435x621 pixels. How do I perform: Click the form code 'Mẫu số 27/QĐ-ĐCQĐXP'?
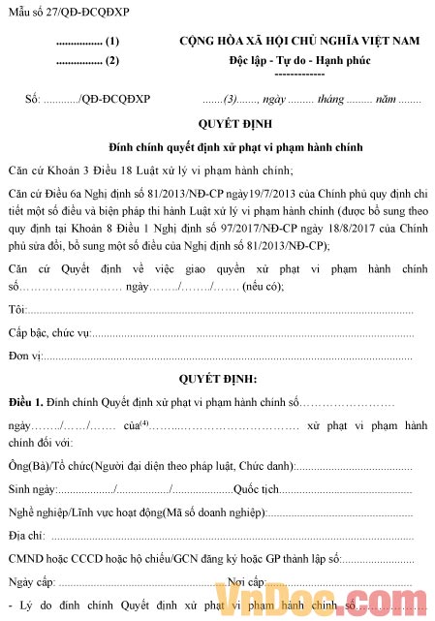(59, 11)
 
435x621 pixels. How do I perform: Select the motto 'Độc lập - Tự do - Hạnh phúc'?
(299, 61)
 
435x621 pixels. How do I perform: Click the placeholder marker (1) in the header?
(112, 42)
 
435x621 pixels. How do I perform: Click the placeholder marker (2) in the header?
(112, 61)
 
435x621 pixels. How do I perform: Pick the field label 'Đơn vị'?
(24, 356)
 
